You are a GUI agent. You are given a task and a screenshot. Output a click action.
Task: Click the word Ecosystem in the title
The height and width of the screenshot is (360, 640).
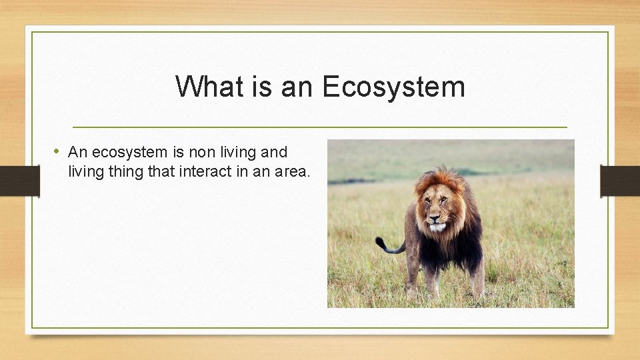point(393,87)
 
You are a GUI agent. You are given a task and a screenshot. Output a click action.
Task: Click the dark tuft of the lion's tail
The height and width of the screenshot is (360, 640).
point(381,243)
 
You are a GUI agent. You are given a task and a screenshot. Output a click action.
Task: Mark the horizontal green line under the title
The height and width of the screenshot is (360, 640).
point(319,127)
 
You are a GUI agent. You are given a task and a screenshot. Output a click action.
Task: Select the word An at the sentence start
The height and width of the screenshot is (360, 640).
point(77,152)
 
